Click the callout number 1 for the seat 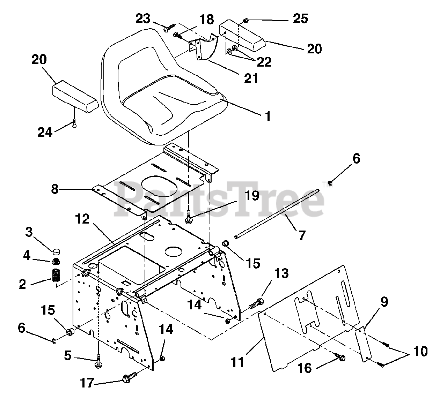click(268, 116)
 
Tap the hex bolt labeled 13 click(257, 303)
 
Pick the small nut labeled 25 click(246, 21)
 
